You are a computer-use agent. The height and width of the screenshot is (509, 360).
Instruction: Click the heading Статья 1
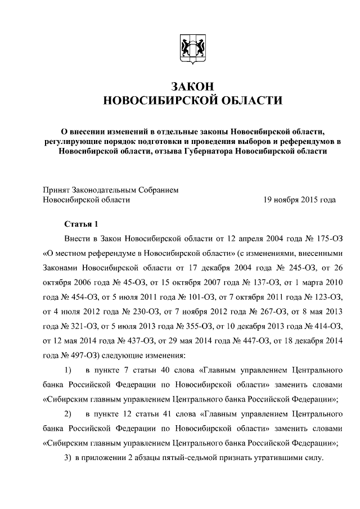pos(81,223)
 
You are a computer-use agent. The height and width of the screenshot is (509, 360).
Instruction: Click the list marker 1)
pos(68,370)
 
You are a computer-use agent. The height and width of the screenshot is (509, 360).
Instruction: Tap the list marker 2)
pos(68,413)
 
